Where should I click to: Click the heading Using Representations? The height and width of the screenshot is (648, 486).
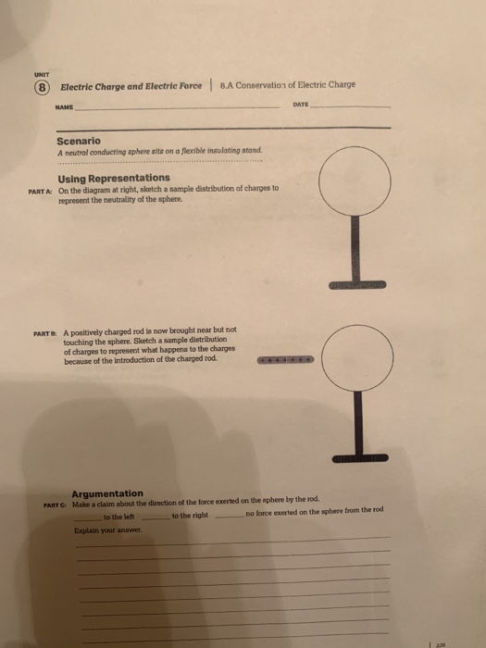[113, 177]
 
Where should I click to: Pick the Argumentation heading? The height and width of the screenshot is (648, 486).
[107, 493]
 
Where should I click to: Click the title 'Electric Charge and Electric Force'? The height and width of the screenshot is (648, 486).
[131, 87]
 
